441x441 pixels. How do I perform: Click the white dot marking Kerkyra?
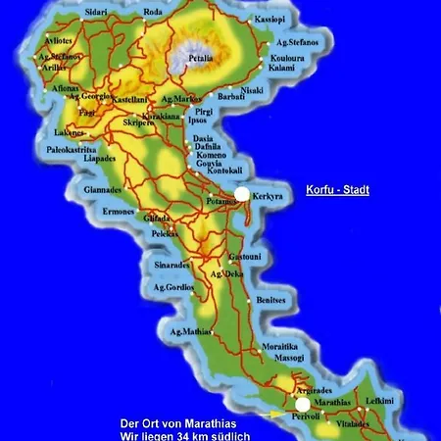click(x=242, y=194)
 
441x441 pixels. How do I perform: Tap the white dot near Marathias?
click(x=303, y=404)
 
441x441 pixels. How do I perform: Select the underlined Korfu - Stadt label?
click(x=336, y=189)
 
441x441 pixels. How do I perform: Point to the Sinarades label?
click(x=171, y=265)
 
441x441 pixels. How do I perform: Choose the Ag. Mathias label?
click(x=191, y=332)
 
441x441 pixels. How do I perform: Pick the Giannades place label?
click(x=101, y=189)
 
